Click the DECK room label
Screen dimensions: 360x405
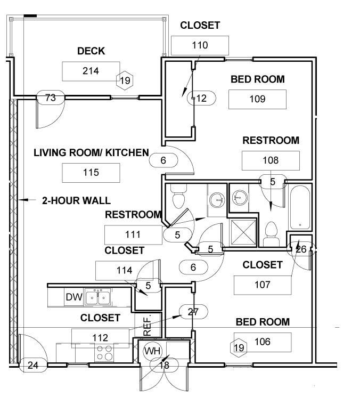coord(91,51)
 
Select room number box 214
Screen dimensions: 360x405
coord(91,71)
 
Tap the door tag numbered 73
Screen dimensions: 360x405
coord(50,98)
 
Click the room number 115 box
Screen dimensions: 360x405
coord(91,173)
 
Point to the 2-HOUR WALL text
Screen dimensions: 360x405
coord(76,200)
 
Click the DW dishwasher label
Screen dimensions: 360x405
coord(74,297)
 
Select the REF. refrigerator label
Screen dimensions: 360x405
coord(147,325)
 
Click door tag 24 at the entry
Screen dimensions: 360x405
coord(33,365)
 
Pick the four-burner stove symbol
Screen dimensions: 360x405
coord(105,353)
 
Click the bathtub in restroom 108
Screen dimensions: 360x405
coord(300,207)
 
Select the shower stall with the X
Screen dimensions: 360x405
coord(243,232)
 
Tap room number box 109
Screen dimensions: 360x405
coord(257,99)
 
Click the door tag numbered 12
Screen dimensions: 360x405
coord(201,98)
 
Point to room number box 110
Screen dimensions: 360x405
coord(200,45)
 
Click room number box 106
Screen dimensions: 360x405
coord(263,342)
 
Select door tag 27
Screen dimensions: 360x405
coord(193,312)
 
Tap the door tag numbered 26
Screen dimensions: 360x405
coord(301,249)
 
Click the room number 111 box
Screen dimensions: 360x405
coord(133,235)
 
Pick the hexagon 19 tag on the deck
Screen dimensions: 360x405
coord(125,80)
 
